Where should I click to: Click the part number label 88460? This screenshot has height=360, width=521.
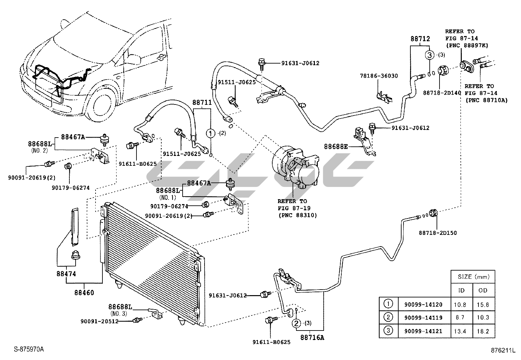(x=84, y=293)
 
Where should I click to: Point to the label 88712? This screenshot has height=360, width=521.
(x=420, y=39)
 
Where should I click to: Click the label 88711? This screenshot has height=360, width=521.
(x=202, y=103)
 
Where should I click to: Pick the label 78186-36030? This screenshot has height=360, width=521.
(x=379, y=76)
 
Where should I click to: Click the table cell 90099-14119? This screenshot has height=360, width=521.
(x=423, y=317)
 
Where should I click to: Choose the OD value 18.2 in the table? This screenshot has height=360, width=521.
(x=483, y=331)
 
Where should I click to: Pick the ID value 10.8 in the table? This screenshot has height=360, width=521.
(x=460, y=304)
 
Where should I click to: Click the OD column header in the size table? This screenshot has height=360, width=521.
(x=483, y=290)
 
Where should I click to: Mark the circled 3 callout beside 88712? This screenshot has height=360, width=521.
(x=429, y=55)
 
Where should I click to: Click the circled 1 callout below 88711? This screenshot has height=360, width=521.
(x=210, y=133)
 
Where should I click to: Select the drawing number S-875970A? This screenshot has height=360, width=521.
(x=29, y=349)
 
